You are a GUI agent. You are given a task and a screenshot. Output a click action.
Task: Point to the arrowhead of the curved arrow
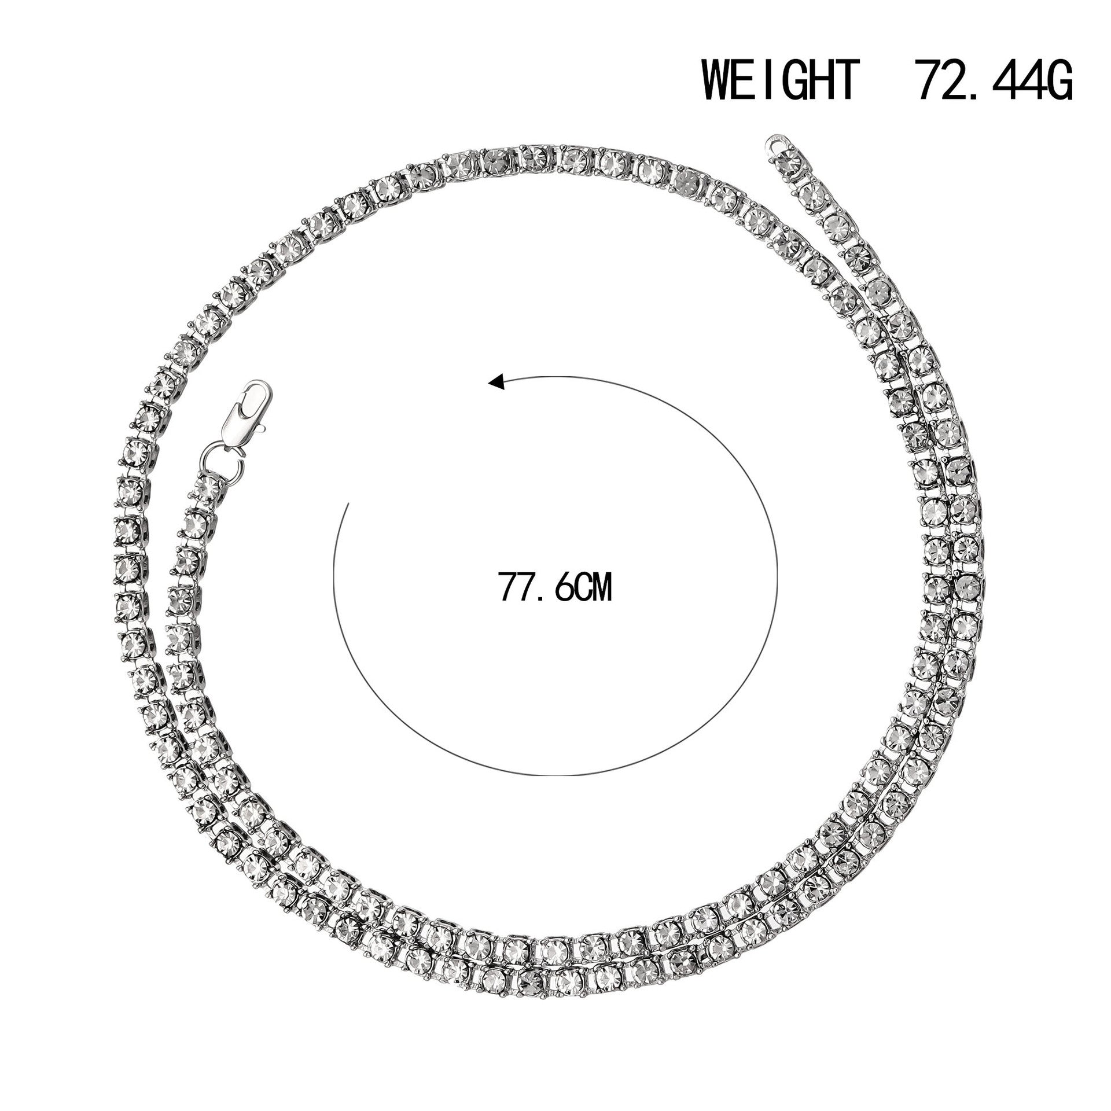(x=495, y=382)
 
